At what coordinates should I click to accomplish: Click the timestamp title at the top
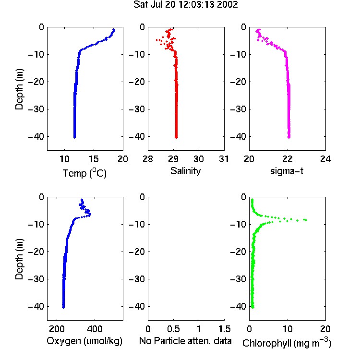click(185, 5)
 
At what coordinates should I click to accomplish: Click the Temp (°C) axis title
click(84, 173)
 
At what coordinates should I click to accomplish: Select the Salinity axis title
click(185, 171)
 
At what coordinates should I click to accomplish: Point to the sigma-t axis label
click(287, 171)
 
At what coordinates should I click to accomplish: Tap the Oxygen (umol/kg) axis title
click(84, 341)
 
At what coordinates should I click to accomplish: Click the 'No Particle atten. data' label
click(185, 341)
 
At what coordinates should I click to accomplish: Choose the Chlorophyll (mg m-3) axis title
click(287, 343)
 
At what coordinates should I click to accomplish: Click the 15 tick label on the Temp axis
click(94, 159)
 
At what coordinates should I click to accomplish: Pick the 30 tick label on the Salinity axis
click(199, 159)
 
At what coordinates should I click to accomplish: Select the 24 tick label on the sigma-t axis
click(325, 159)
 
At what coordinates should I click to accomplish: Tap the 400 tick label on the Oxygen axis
click(95, 329)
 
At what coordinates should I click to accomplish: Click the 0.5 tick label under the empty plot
click(173, 329)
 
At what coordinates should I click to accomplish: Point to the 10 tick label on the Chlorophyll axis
click(287, 329)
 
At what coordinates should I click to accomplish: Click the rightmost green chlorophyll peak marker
click(306, 220)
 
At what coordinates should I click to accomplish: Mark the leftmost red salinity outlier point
click(157, 40)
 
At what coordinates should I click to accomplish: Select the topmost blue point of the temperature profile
click(114, 30)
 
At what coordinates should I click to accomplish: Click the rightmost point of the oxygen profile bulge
click(90, 215)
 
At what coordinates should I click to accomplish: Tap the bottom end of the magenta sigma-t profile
click(289, 137)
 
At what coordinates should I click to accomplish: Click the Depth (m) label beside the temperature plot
click(19, 89)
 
